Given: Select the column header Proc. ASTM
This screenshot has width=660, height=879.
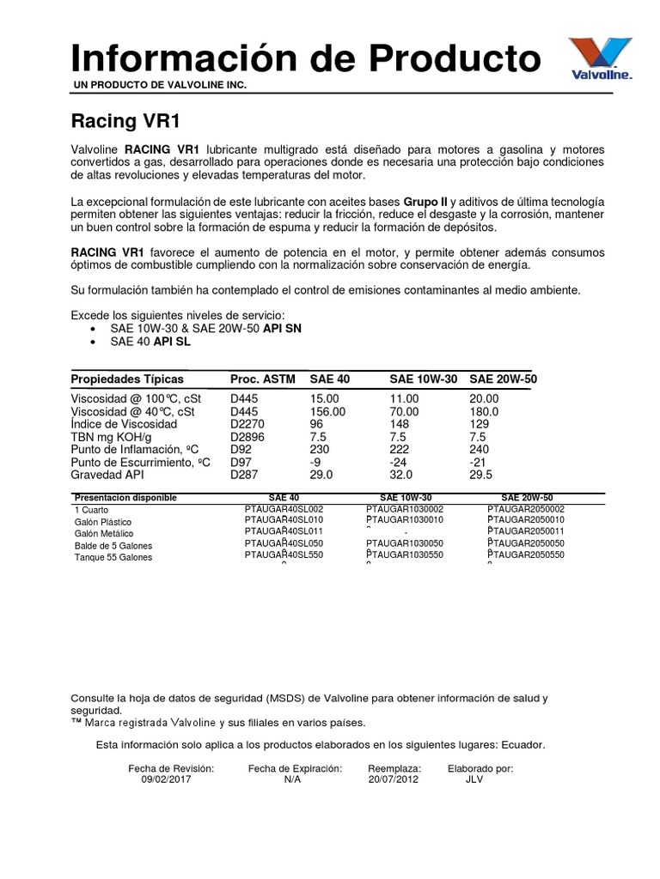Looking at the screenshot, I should pyautogui.click(x=261, y=379).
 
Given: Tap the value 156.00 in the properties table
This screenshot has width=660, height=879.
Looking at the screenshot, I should pyautogui.click(x=327, y=412).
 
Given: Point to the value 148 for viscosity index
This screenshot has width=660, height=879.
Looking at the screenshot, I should pyautogui.click(x=400, y=424).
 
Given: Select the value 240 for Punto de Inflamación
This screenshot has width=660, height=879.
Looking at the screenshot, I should pyautogui.click(x=479, y=449).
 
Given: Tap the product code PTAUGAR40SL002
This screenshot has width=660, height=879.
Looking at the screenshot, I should pyautogui.click(x=284, y=509).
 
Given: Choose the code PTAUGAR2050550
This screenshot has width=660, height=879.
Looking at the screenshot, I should pyautogui.click(x=526, y=556).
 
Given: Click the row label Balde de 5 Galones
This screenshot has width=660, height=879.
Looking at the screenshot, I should pyautogui.click(x=113, y=545).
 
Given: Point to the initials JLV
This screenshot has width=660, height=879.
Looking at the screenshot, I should pyautogui.click(x=474, y=780).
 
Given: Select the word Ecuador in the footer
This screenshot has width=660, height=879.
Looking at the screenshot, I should pyautogui.click(x=520, y=745).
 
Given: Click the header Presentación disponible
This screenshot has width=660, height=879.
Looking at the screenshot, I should pyautogui.click(x=125, y=498).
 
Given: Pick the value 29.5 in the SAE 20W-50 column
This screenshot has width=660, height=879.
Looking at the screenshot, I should pyautogui.click(x=483, y=474).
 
